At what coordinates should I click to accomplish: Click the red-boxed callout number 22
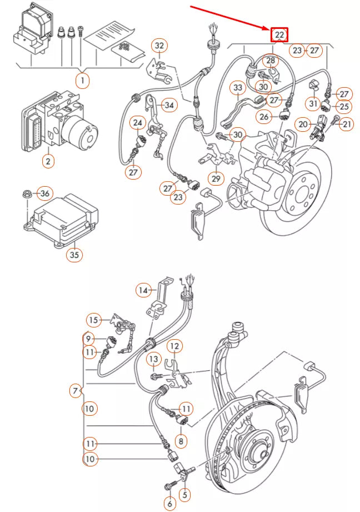click(279, 35)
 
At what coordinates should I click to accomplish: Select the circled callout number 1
click(82, 81)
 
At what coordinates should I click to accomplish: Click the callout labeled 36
click(45, 193)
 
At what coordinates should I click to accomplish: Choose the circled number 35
click(74, 255)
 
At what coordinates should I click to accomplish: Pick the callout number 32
click(159, 45)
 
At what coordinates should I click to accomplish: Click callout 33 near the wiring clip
click(238, 88)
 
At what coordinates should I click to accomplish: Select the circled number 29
click(216, 179)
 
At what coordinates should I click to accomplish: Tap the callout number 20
click(303, 124)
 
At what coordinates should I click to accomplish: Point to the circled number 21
click(347, 124)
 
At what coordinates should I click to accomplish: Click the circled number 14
click(144, 290)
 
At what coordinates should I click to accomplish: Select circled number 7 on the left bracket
click(75, 391)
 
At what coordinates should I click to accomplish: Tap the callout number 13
click(153, 360)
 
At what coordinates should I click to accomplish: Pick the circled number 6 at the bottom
click(169, 504)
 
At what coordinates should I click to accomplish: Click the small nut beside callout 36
click(27, 194)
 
